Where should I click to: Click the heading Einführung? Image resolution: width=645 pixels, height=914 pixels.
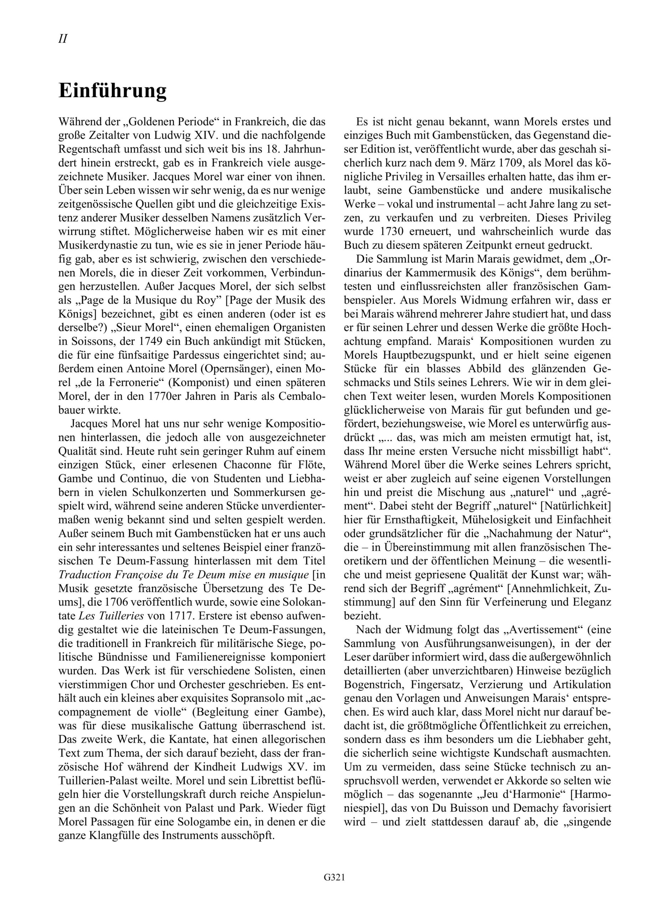coord(113,91)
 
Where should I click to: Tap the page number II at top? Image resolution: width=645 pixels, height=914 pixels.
coord(62,39)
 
